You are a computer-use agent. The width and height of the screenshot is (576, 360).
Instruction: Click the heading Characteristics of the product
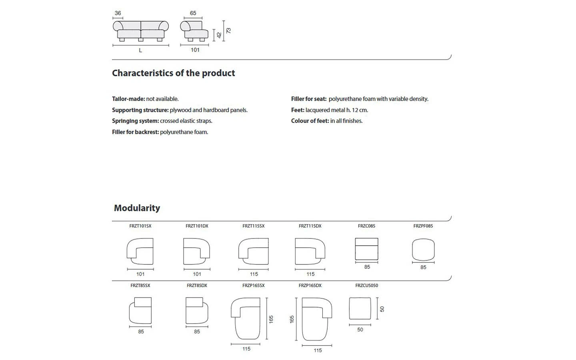coord(173,73)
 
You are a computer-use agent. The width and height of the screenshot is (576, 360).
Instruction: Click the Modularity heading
coord(137,208)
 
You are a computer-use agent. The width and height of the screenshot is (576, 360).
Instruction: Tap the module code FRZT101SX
coord(140,226)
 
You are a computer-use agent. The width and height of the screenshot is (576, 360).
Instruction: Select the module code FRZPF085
coord(423,226)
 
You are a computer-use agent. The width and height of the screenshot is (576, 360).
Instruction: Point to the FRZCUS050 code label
coord(366,286)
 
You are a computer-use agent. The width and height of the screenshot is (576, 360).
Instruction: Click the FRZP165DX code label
coord(310,286)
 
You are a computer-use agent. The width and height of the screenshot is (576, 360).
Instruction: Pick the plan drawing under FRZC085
coord(366,249)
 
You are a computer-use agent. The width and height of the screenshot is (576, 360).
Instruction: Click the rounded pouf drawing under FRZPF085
coord(423,250)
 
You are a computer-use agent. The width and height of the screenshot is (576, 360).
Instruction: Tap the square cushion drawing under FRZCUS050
coord(360,308)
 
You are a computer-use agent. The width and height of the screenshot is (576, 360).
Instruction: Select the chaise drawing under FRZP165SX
coord(246,318)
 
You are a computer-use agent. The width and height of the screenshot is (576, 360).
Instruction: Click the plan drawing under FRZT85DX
coord(197,311)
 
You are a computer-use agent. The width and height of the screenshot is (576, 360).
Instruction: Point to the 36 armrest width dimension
coord(118,13)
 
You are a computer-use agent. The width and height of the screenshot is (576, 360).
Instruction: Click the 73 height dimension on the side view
coord(228,30)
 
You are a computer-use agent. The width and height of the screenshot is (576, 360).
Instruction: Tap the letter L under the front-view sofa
coord(140,50)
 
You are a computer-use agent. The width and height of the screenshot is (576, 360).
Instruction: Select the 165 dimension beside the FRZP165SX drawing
coord(271,319)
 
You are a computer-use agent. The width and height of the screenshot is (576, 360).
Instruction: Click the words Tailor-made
coord(128,99)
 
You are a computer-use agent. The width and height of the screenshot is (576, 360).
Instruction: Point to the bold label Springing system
coord(135,121)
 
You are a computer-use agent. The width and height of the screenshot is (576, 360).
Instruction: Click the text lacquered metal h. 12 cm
coord(337,110)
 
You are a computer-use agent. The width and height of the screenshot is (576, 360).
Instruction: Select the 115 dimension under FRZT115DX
coord(310,274)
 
